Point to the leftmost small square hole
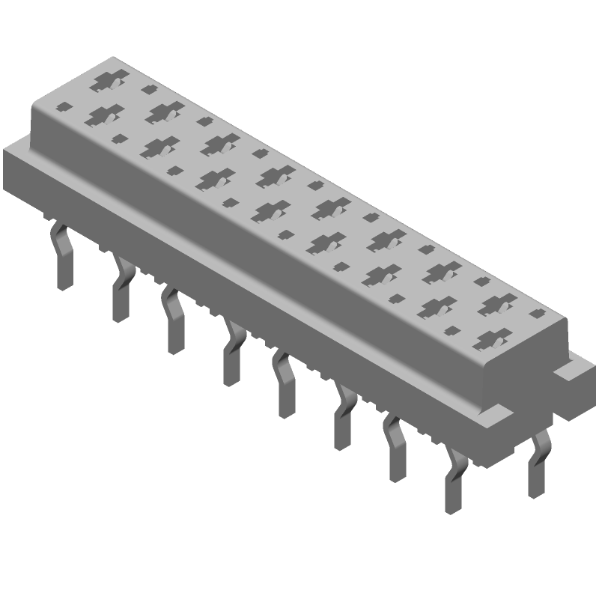click(66, 106)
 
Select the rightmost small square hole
click(535, 314)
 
